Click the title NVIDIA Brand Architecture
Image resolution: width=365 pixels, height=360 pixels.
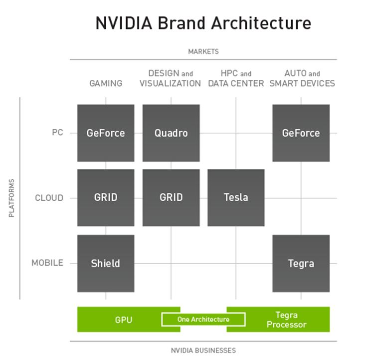pos(203,23)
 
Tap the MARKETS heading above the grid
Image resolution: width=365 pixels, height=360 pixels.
pos(203,51)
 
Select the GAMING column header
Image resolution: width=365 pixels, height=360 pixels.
pos(106,83)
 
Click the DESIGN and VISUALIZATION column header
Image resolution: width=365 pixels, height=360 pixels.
pos(171,78)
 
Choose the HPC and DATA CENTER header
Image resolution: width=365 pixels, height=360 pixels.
pos(236,78)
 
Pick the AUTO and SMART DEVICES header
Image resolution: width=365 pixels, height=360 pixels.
pos(302,78)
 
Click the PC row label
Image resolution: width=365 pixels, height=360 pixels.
pos(57,133)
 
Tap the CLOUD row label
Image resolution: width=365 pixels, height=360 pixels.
pos(49,198)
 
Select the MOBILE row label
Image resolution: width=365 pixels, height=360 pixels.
pos(47,263)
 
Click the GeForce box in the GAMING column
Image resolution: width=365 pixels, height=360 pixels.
pos(106,133)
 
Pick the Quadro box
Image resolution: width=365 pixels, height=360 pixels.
pos(171,133)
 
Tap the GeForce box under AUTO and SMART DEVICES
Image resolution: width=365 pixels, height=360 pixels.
pos(301,133)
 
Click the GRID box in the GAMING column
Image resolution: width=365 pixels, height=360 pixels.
pos(106,198)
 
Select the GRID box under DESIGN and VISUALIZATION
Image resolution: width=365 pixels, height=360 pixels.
pos(171,198)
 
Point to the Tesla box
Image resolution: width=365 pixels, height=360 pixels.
pos(236,198)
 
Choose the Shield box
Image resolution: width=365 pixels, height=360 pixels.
pos(106,263)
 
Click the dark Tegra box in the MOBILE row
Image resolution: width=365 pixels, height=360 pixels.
pos(301,263)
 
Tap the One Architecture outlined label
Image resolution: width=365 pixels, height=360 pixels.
pos(203,320)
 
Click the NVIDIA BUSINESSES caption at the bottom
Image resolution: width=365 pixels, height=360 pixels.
pos(203,351)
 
